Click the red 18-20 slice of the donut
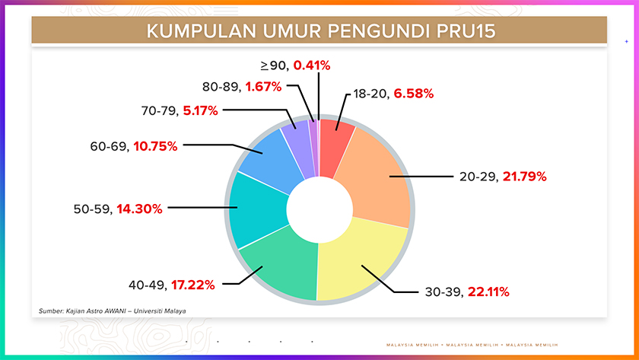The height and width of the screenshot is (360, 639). pos(335,138)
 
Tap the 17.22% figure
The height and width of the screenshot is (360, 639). pos(193,285)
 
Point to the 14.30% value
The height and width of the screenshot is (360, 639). pos(139,208)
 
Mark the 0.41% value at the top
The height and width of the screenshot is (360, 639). pos(312,65)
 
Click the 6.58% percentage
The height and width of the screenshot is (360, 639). pos(414,94)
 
